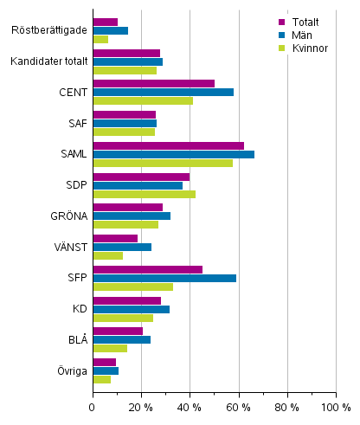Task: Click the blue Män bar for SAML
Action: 173,154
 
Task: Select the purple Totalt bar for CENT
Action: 153,83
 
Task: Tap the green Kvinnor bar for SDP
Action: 144,194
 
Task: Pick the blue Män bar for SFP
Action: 164,278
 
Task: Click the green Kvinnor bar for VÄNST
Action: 107,255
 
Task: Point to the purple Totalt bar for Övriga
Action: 104,362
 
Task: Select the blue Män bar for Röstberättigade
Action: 110,30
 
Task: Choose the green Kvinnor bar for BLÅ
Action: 110,348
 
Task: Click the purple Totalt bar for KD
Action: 126,300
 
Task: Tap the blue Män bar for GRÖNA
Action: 132,216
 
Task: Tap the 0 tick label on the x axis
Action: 93,407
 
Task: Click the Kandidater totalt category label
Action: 48,61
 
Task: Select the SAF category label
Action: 76,124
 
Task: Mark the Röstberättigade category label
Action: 49,30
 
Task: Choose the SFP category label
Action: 76,278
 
